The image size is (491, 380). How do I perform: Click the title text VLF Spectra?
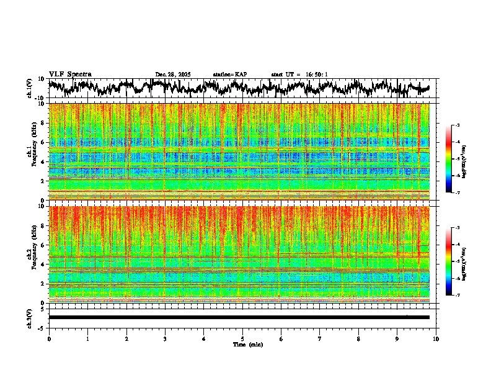point(70,74)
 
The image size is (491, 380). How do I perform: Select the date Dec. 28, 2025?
point(173,75)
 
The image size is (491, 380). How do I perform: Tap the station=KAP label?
point(230,75)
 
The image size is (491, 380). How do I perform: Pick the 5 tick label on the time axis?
point(242,338)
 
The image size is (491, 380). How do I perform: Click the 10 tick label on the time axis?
point(436,338)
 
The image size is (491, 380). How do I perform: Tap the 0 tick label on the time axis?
point(49,338)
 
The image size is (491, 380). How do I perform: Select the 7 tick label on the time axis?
point(320,338)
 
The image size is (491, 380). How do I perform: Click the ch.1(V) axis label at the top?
point(30,88)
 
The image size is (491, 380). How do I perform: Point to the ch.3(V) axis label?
point(30,317)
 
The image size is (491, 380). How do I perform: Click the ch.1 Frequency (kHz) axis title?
point(32,152)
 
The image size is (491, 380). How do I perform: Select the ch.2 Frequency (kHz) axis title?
point(32,254)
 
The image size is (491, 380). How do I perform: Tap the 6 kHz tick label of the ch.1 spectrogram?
point(43,142)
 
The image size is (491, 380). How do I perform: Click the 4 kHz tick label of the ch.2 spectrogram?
point(43,264)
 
